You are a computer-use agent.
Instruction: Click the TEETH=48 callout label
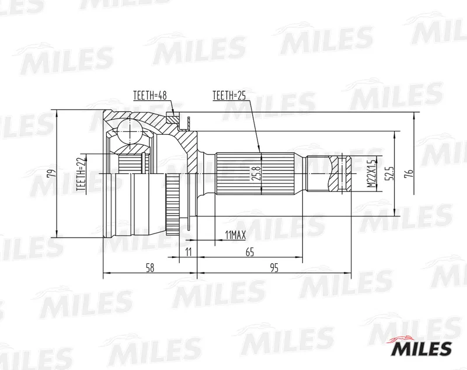pos(150,95)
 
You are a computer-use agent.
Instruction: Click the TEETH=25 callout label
pos(229,95)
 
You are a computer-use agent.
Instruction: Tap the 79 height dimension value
pos(51,173)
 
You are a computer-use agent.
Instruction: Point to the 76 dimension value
pos(410,173)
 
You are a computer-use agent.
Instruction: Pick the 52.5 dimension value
pos(390,173)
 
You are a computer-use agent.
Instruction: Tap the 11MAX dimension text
pos(235,235)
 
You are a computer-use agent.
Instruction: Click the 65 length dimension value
pos(250,252)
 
